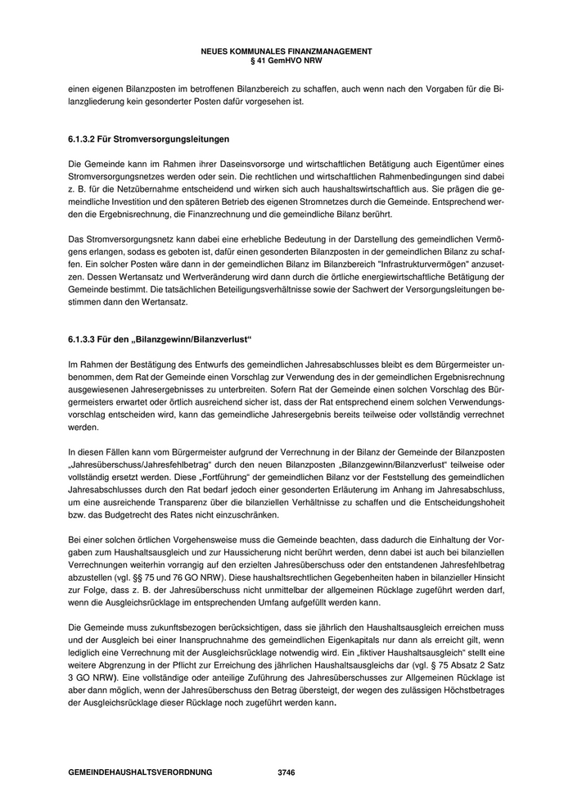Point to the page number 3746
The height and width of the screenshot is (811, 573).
coord(286,772)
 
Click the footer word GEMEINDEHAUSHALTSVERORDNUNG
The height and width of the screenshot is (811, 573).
coord(140,772)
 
